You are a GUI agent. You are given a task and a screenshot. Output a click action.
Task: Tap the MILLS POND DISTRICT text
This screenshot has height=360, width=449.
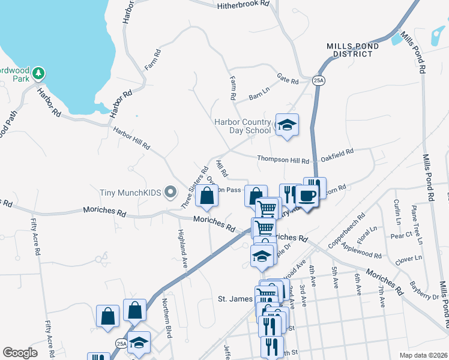(352, 50)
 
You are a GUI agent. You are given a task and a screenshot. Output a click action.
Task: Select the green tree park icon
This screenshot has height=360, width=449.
(39, 73)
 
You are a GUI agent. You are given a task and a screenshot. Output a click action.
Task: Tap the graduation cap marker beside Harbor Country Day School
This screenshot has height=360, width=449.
(287, 125)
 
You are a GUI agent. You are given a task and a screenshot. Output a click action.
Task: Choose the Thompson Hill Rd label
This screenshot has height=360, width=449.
(283, 160)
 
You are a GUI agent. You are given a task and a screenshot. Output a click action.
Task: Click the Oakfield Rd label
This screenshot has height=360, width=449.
(337, 155)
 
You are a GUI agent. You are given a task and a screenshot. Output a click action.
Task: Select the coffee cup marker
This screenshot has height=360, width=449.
(307, 196)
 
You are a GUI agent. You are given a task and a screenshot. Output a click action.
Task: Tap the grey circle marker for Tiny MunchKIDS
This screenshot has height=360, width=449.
(170, 193)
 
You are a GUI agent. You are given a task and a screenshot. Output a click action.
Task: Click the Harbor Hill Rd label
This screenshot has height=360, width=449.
(131, 138)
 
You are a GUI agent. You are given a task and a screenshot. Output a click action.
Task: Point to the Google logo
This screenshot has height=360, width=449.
(20, 353)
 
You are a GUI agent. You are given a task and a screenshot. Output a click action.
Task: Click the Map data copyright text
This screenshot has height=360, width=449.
(423, 355)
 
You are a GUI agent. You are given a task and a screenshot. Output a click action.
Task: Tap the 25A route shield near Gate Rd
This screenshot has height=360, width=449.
(318, 80)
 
